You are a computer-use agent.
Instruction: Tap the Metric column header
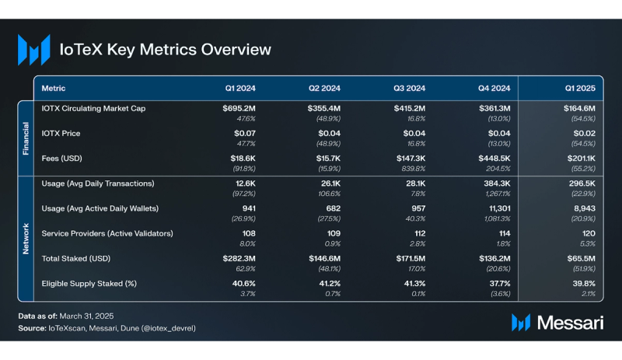[53, 89]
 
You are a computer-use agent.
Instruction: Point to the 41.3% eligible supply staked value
[409, 283]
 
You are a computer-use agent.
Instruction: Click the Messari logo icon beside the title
[34, 49]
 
